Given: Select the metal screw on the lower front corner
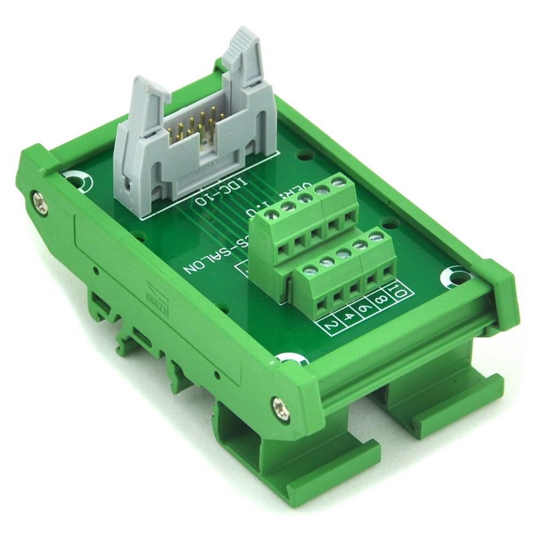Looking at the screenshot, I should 278,402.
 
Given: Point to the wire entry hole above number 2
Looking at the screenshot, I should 322,306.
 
